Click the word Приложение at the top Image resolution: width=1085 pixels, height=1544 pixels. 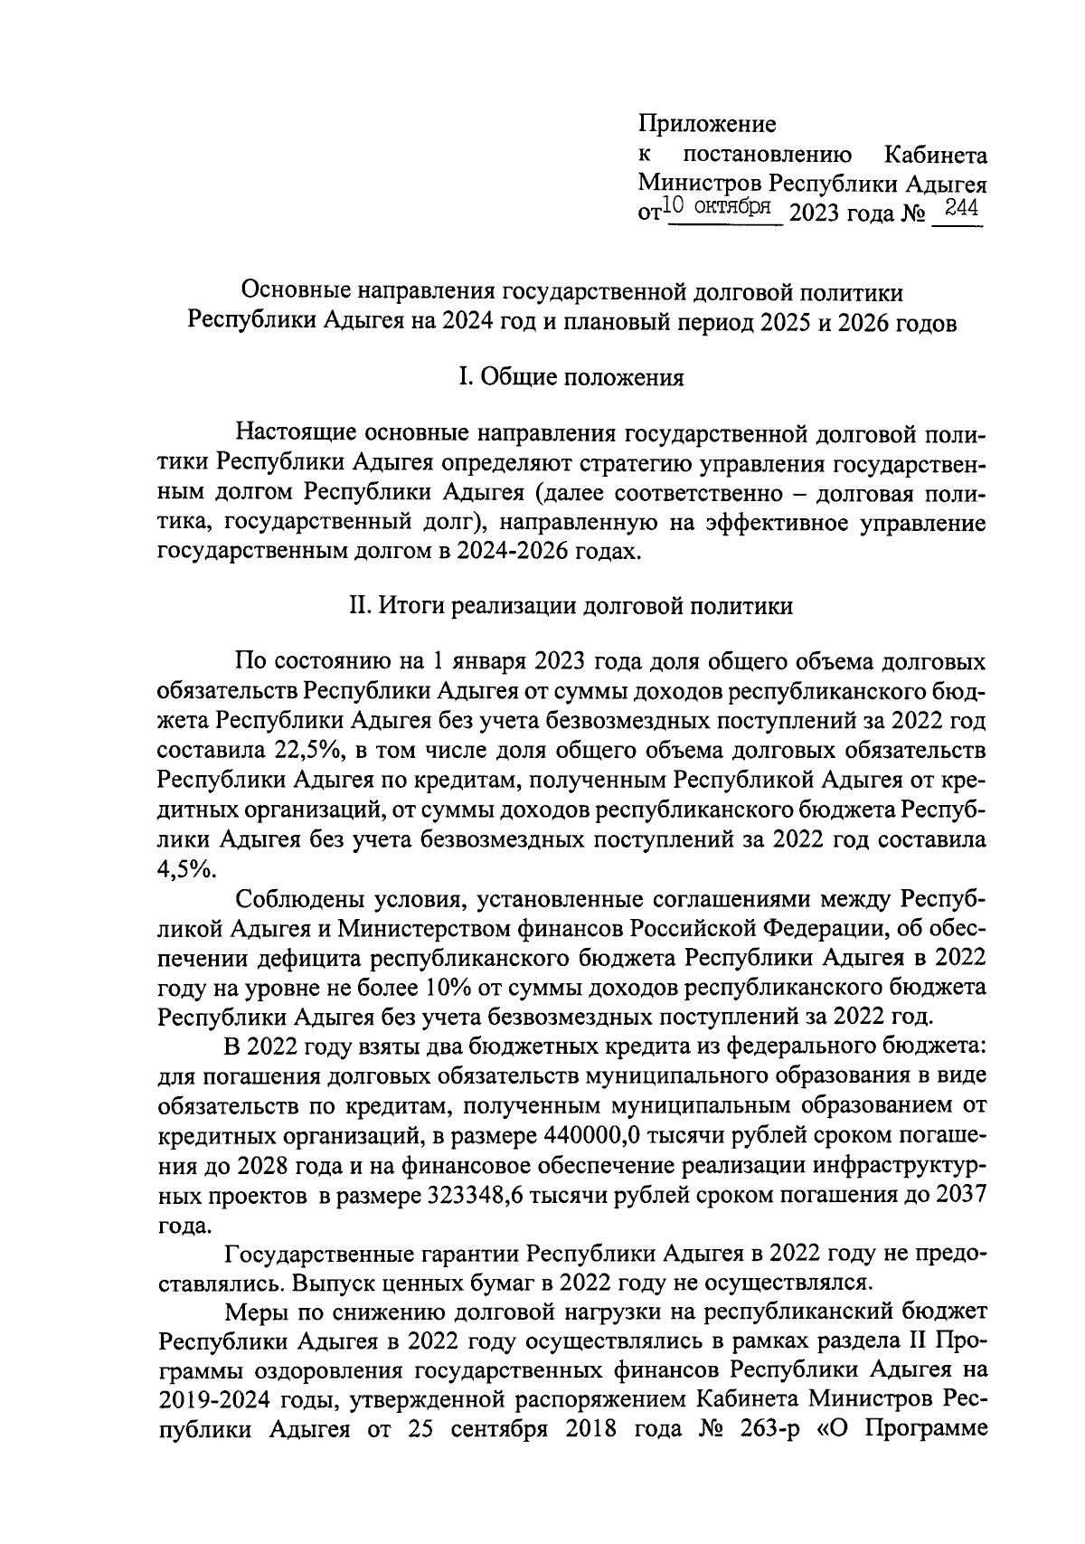coord(707,122)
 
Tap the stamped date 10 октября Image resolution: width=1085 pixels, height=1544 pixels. coord(720,207)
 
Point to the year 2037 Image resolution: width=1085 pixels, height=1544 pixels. coord(961,1195)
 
